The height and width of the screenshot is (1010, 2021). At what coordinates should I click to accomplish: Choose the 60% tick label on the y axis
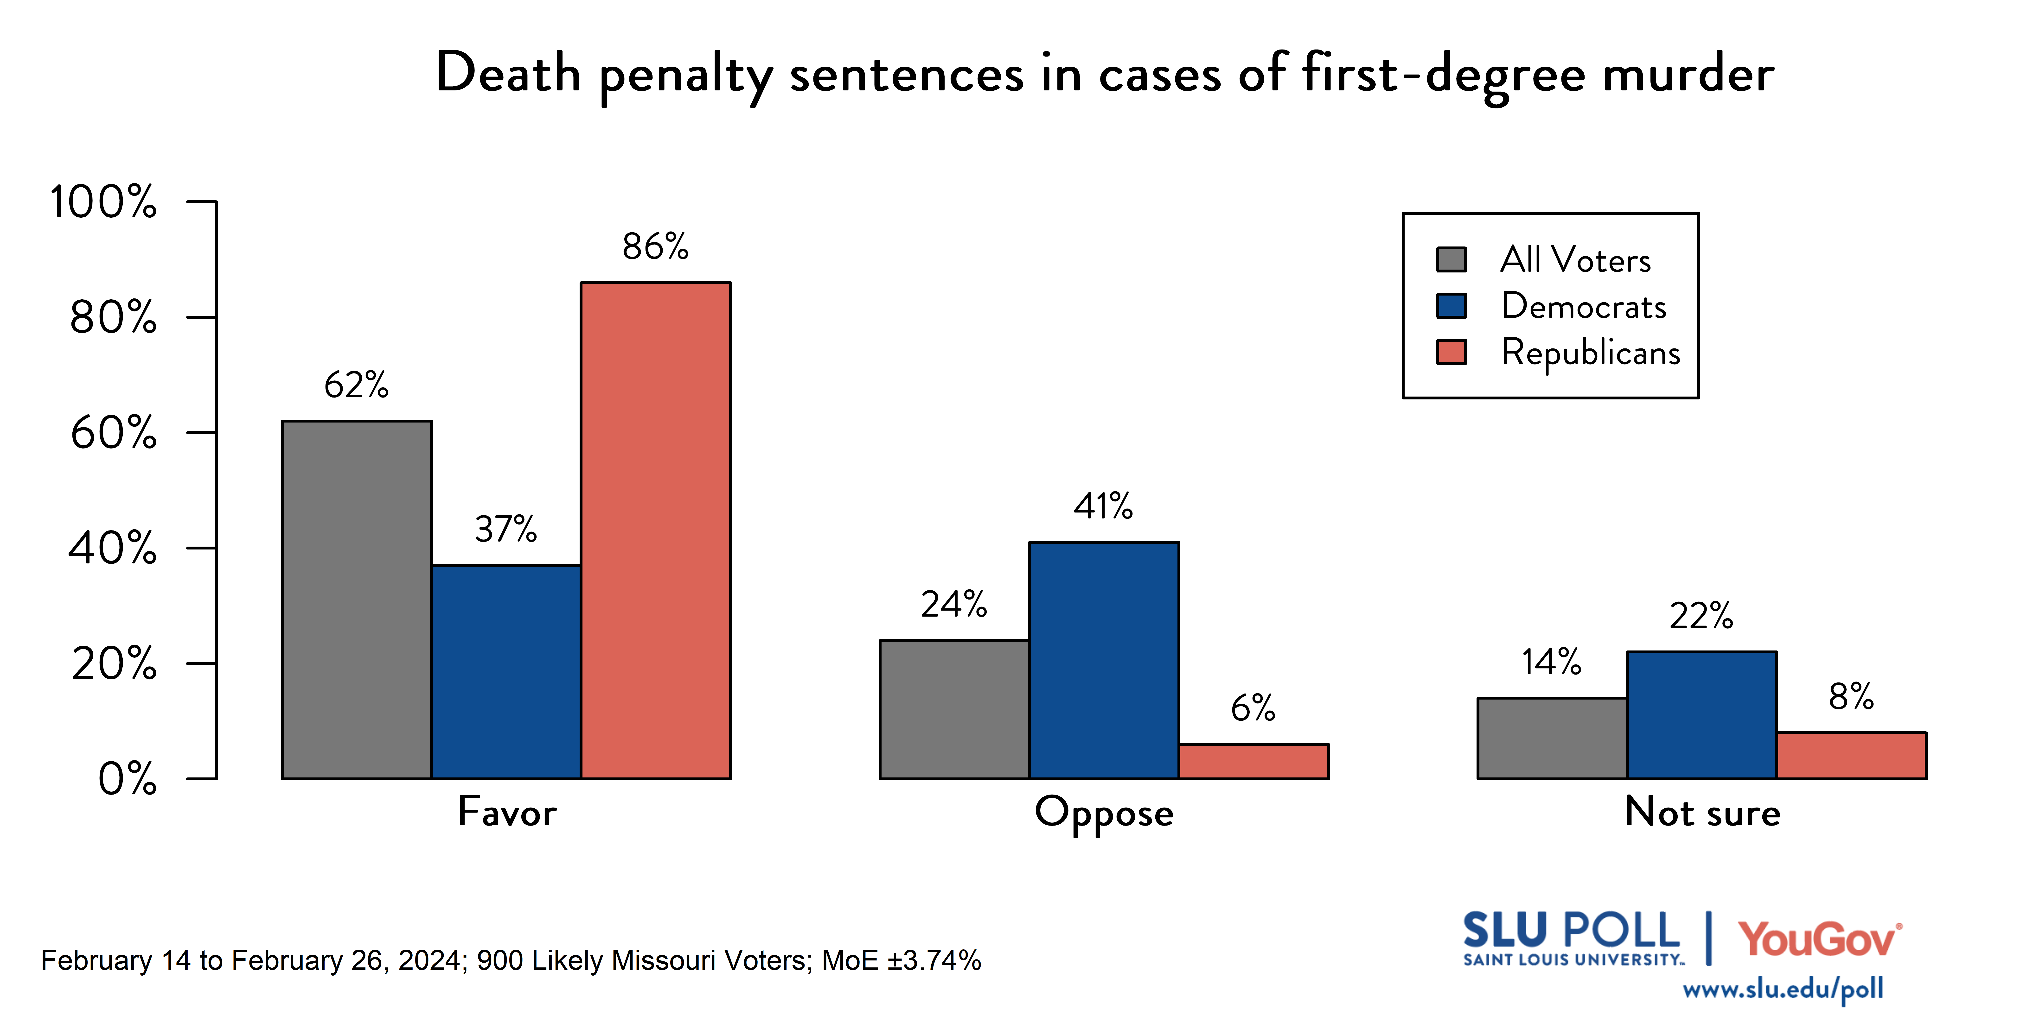(114, 433)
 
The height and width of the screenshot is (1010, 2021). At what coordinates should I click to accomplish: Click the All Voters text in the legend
(1575, 259)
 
